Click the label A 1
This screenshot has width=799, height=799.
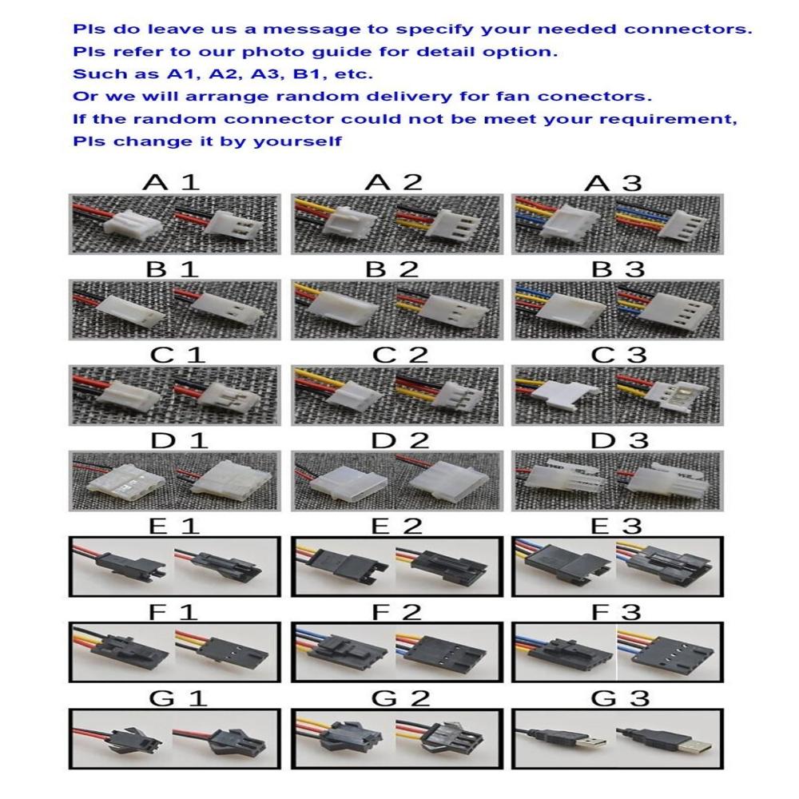[171, 182]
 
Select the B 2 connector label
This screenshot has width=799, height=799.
[392, 269]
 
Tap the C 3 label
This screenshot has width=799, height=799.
[618, 355]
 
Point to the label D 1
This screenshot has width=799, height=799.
[179, 440]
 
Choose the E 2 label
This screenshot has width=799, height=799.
[396, 526]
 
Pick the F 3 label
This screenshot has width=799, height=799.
[616, 611]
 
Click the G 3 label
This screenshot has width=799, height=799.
[620, 698]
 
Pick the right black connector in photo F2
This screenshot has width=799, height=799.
[444, 654]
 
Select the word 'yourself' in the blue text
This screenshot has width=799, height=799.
[297, 141]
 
